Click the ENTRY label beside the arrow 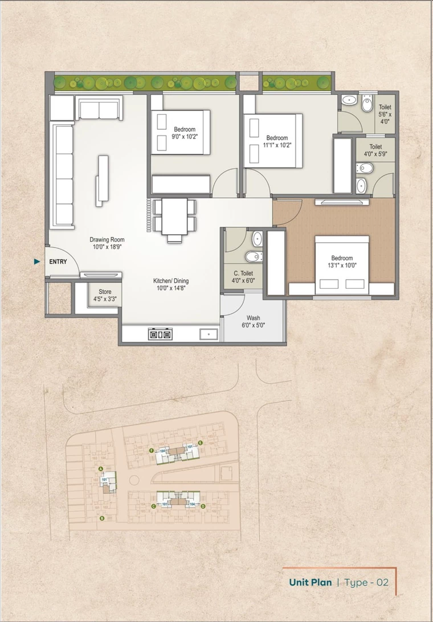58,262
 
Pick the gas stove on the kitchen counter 160,334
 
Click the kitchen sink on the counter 209,334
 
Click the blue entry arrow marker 37,262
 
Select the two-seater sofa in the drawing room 100,108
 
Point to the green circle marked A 101,469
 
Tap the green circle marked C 153,506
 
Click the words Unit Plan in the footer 311,582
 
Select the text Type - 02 367,582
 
